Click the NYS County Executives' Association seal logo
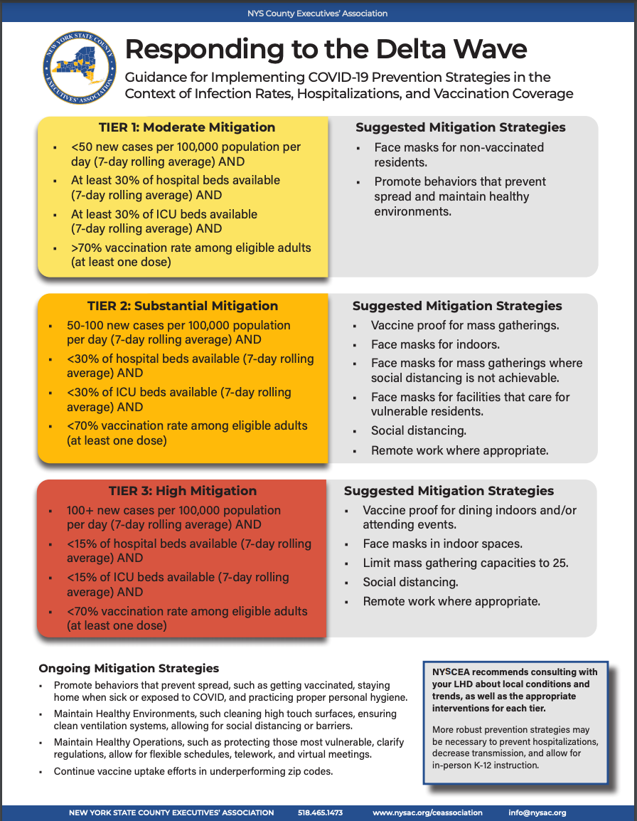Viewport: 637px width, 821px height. coord(79,69)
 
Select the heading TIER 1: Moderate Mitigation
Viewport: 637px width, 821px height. coord(182,127)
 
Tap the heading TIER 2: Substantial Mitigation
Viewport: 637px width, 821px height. coord(183,306)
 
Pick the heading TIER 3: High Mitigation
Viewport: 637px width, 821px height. coord(183,491)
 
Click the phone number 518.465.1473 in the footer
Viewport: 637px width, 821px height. coord(320,812)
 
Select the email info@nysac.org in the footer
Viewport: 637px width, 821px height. coord(537,812)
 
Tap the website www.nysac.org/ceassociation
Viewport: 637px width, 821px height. coord(427,812)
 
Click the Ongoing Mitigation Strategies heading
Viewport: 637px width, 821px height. coord(129,668)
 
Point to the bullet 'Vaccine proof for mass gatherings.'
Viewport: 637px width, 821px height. coord(465,326)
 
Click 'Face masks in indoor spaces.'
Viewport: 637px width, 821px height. coord(442,544)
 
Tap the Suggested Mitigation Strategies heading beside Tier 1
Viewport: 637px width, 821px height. coord(461,127)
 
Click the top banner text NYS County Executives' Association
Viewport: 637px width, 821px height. coord(318,14)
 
